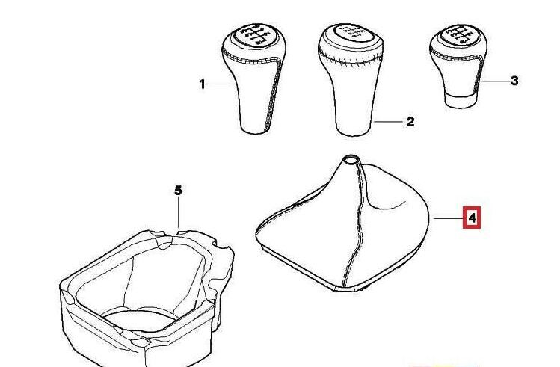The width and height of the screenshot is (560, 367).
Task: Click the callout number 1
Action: point(202,84)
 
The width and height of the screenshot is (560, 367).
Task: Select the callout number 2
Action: point(410,121)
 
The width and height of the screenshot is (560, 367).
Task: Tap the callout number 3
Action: point(514,81)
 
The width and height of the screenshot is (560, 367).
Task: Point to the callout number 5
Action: point(178,191)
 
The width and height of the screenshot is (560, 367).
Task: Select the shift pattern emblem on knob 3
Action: point(457,34)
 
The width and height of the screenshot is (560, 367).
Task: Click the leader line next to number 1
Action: point(221,84)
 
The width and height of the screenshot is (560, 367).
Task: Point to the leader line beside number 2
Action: point(388,121)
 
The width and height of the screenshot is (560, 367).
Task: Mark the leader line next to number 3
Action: point(496,81)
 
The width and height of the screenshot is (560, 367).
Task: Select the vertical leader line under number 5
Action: point(178,213)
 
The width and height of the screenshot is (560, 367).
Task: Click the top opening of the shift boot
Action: point(350,159)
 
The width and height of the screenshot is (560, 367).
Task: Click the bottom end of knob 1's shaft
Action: point(254,130)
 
